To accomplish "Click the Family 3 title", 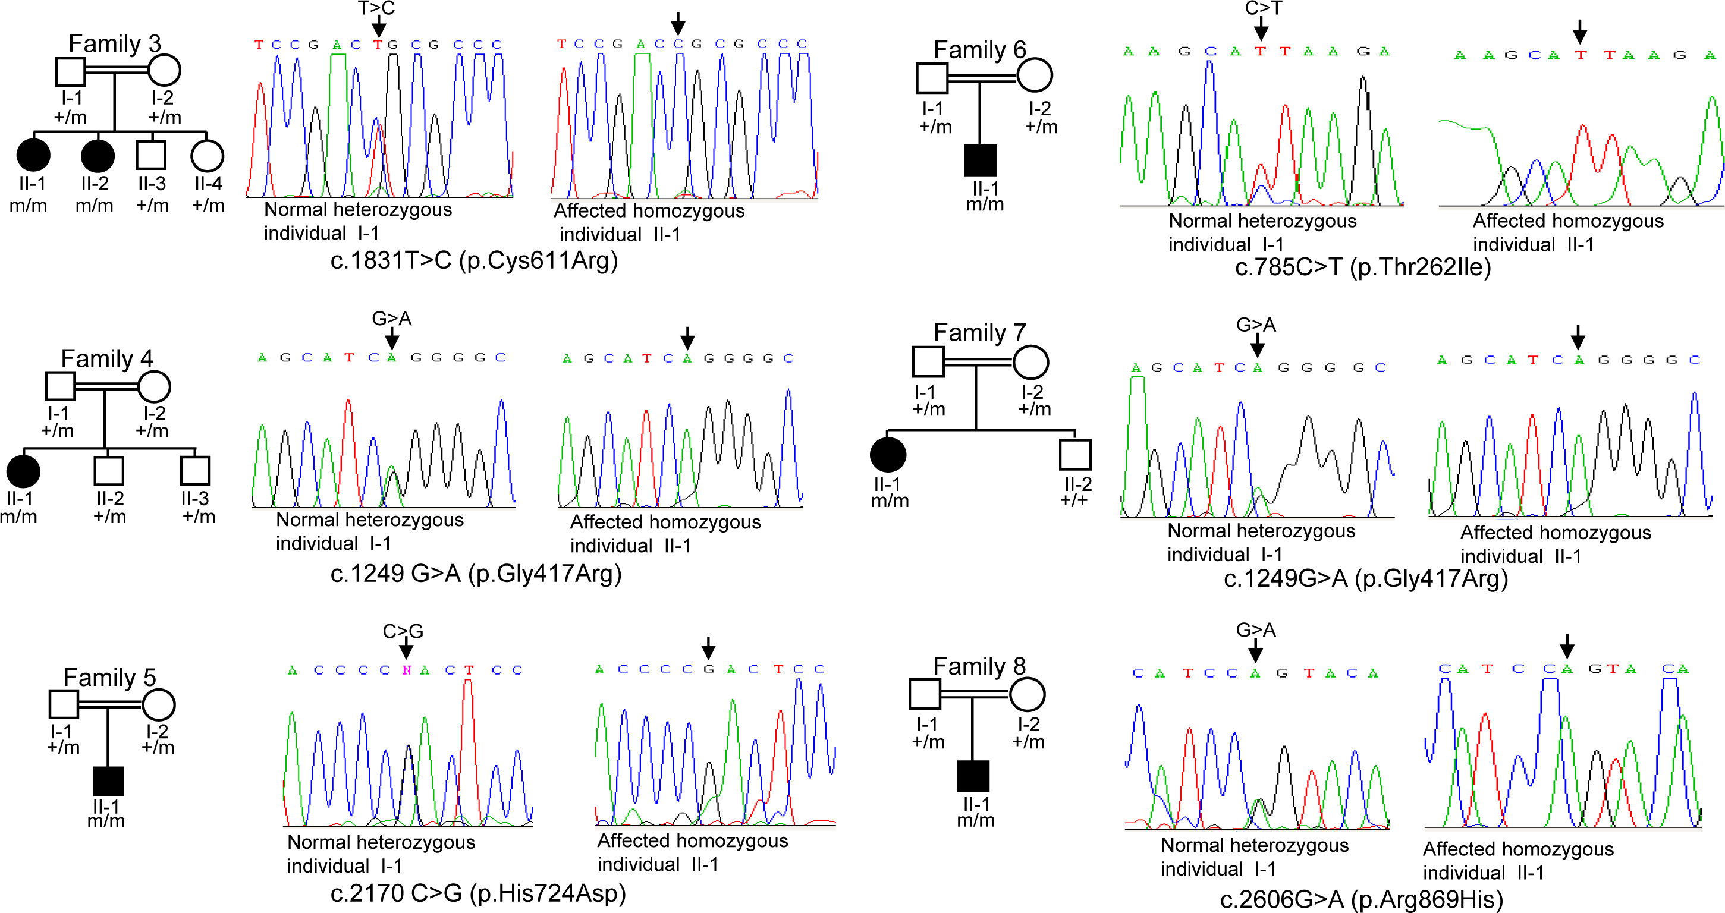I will [115, 43].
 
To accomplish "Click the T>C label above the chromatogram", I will [376, 8].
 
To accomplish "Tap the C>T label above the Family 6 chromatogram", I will [1263, 8].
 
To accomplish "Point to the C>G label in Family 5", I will [403, 631].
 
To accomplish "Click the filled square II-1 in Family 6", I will [981, 160].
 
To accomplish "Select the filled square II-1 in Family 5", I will [108, 781].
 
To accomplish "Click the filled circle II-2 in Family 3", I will [97, 156].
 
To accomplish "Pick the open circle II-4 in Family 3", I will [207, 156].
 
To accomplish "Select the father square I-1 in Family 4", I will [59, 386].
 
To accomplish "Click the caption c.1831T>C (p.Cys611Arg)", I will [474, 260].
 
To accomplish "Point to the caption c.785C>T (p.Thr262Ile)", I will [1363, 267].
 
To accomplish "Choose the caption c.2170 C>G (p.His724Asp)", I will [478, 893].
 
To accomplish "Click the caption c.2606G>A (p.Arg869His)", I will [1361, 899].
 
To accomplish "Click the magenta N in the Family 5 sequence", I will [407, 670].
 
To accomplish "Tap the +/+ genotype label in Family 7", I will [1074, 500].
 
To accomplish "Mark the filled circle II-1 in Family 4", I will [23, 471].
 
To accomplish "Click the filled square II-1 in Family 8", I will [973, 776].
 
